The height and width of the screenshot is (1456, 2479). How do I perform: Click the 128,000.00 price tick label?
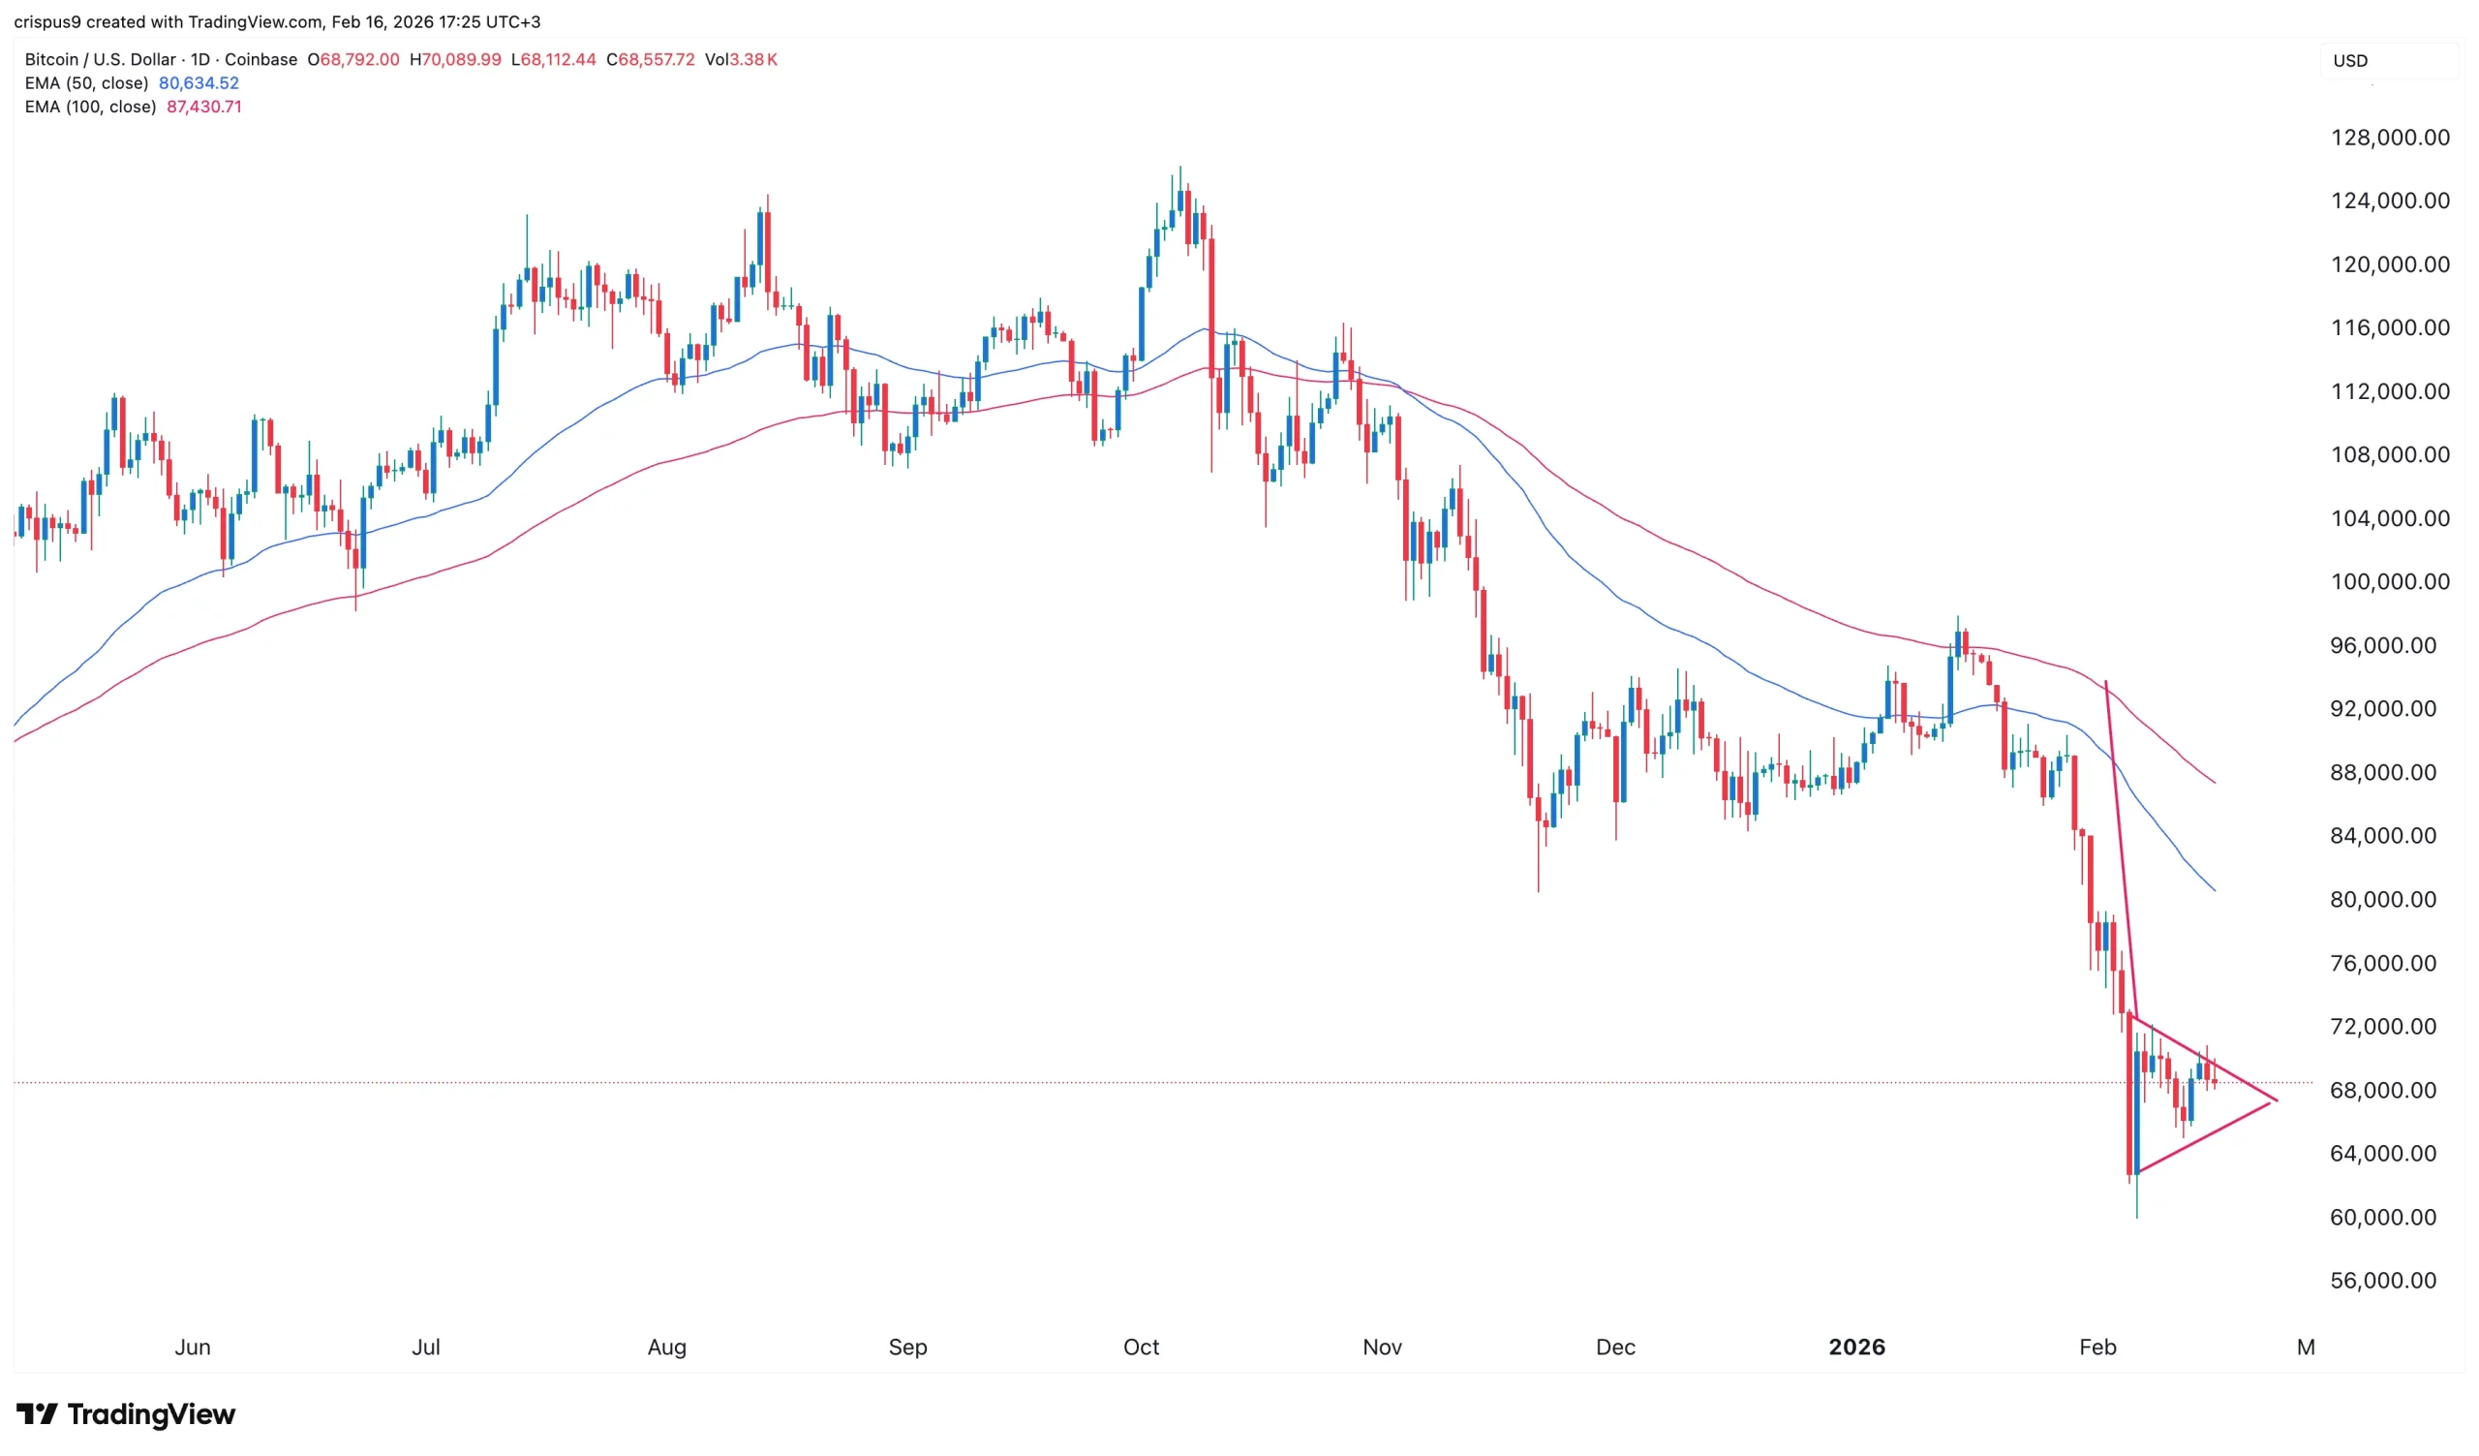click(2390, 138)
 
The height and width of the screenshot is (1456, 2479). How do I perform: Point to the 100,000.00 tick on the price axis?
click(2390, 581)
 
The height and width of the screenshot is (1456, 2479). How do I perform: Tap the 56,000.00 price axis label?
click(2390, 1280)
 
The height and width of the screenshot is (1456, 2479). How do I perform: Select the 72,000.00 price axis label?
click(2390, 1026)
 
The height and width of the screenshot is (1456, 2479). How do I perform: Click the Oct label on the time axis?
click(1141, 1347)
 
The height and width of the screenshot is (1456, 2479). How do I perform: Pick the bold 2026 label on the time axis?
click(1856, 1347)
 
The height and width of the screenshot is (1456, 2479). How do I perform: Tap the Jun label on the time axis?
click(193, 1347)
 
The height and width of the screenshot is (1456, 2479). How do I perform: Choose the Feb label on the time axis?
click(2097, 1347)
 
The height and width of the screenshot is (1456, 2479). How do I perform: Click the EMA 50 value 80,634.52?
click(199, 83)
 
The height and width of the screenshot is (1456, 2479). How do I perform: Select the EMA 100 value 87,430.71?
click(203, 108)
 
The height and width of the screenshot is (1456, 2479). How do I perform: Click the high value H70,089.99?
click(455, 60)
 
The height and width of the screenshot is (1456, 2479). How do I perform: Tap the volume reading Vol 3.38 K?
click(741, 60)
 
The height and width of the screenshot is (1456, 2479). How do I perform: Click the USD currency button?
click(2350, 61)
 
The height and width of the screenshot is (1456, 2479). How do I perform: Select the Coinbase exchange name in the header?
click(260, 60)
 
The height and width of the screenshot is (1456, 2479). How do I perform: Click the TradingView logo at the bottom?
click(126, 1413)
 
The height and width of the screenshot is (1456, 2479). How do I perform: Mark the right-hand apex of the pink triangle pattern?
click(2277, 1100)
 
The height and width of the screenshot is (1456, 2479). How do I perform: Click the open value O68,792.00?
click(353, 60)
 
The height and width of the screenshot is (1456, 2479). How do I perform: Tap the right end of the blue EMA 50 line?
click(2215, 890)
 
